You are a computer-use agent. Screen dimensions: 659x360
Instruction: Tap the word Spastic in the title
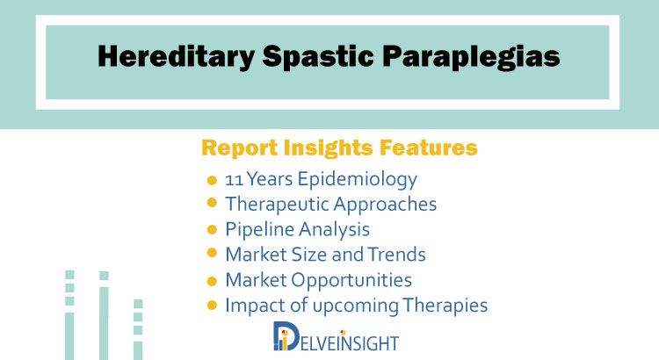318,56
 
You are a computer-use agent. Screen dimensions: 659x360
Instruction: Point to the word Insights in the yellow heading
328,148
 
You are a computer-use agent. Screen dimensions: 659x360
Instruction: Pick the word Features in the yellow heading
428,147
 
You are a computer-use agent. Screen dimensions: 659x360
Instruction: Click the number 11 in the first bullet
234,180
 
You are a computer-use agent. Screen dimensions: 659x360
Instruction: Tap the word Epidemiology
358,180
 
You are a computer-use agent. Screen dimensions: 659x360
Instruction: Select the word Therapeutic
276,205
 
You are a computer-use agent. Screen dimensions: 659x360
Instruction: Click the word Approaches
385,205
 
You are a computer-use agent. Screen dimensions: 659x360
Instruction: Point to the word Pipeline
259,230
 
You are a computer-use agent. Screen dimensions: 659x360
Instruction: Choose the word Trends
397,255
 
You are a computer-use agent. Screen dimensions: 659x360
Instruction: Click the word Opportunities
351,281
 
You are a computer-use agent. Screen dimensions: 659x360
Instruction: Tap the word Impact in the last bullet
254,306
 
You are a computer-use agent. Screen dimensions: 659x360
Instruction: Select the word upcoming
356,306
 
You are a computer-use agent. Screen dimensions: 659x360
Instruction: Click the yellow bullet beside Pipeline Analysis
212,230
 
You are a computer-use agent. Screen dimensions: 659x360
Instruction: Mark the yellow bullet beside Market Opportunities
212,281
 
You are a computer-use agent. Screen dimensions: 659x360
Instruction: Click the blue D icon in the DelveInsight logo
286,336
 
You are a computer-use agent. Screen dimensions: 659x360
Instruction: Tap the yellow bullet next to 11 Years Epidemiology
212,181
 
